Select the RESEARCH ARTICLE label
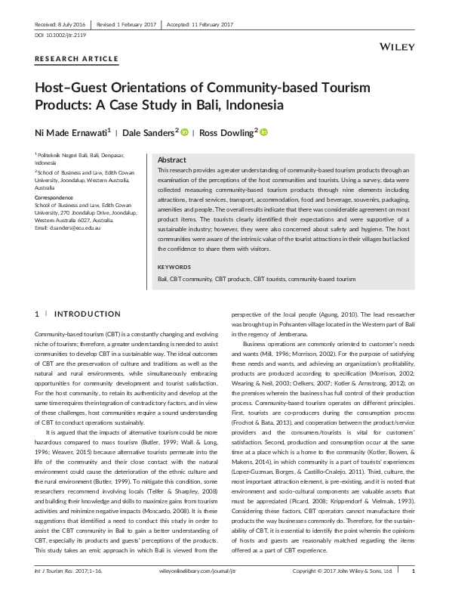click(76, 58)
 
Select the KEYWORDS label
click(175, 267)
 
